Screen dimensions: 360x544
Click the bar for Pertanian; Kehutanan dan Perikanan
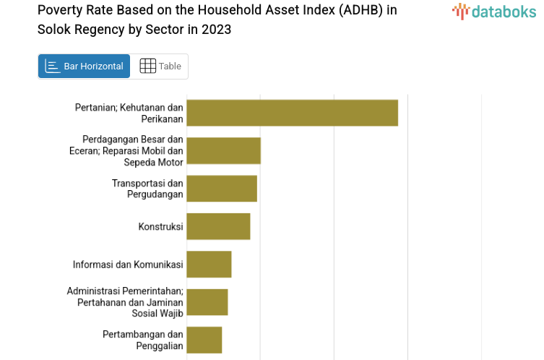click(292, 113)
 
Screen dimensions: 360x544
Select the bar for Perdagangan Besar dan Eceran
click(223, 150)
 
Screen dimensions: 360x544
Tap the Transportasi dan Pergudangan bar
click(222, 189)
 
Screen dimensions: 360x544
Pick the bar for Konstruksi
click(218, 226)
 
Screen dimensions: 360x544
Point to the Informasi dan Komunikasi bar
click(209, 264)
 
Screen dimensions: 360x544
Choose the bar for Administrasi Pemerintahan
click(207, 301)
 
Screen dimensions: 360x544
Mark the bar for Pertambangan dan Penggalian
click(204, 340)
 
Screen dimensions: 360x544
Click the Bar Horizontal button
click(84, 67)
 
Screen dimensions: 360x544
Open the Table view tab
click(160, 67)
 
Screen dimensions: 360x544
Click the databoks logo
click(494, 11)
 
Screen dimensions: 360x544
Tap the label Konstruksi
click(160, 227)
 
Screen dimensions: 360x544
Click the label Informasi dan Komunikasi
click(128, 265)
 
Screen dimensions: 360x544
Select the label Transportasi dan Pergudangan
click(147, 189)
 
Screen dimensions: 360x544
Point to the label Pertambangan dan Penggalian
click(143, 340)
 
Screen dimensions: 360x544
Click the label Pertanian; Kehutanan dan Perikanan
click(129, 113)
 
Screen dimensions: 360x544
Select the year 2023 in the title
click(217, 30)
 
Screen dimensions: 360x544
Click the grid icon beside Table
click(147, 67)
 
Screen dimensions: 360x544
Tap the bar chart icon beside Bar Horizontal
click(53, 67)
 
